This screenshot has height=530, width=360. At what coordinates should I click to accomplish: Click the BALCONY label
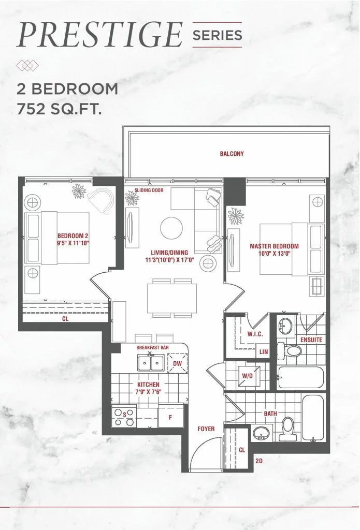(232, 154)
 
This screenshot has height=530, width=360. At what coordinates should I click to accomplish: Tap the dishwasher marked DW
(177, 363)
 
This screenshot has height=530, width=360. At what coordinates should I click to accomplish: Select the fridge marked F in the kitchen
(170, 417)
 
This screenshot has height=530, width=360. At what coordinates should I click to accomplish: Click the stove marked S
(124, 417)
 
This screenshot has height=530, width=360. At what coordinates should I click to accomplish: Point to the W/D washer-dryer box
(247, 376)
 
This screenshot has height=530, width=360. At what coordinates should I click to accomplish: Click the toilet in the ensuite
(289, 351)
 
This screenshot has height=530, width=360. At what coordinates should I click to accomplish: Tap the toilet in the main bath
(288, 429)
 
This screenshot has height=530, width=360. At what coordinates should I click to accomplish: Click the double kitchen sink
(151, 363)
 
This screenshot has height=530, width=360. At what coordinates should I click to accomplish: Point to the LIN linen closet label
(264, 351)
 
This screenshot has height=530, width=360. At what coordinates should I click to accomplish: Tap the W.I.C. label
(255, 334)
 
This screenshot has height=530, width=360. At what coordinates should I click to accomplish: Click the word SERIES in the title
(217, 35)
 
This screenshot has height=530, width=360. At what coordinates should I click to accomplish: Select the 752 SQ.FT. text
(60, 109)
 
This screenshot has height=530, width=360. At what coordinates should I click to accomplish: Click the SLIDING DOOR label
(149, 190)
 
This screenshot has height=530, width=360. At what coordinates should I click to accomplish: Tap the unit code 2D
(259, 461)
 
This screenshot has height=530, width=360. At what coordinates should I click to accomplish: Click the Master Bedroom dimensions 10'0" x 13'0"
(275, 254)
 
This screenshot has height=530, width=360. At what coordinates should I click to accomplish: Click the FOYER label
(206, 429)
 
